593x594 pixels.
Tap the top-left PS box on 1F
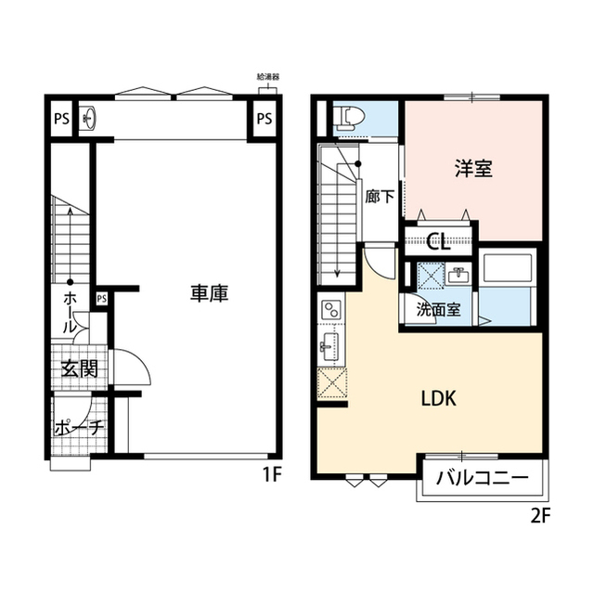tap(62, 119)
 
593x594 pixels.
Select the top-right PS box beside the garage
tap(264, 119)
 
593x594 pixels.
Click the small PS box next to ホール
tap(101, 298)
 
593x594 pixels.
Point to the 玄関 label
tap(80, 368)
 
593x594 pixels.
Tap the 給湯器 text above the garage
tap(267, 78)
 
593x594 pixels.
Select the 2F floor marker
tap(540, 516)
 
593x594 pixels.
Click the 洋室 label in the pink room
tap(472, 169)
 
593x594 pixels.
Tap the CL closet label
tap(438, 243)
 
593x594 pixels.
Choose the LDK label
tap(437, 399)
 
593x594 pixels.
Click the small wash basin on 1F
tap(88, 118)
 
